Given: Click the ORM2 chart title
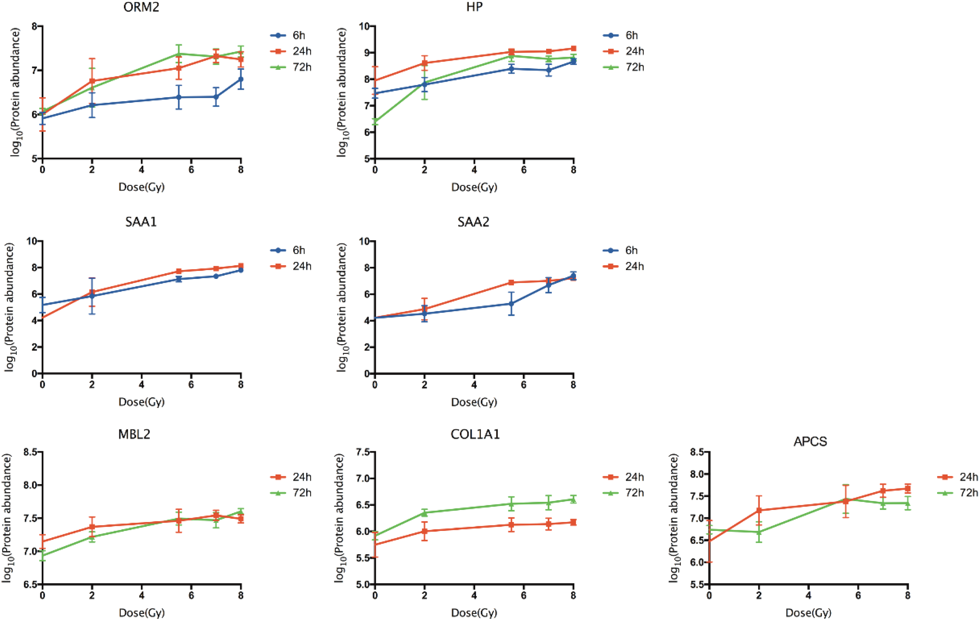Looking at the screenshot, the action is [141, 8].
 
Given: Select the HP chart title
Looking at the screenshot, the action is [474, 8].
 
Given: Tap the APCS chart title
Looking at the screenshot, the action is [810, 442].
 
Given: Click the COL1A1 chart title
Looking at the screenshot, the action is [475, 435].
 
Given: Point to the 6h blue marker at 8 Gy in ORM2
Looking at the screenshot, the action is [241, 79].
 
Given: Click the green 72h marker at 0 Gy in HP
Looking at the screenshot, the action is [375, 121].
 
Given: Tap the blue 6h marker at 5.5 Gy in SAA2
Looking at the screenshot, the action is [511, 304].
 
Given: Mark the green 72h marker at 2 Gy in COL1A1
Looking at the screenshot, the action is [424, 513].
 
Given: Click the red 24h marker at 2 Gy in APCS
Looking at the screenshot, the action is [759, 510].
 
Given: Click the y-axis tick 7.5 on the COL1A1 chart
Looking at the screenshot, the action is [364, 452].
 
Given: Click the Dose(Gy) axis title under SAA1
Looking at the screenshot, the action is [142, 402].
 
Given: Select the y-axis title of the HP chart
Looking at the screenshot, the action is [342, 92].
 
